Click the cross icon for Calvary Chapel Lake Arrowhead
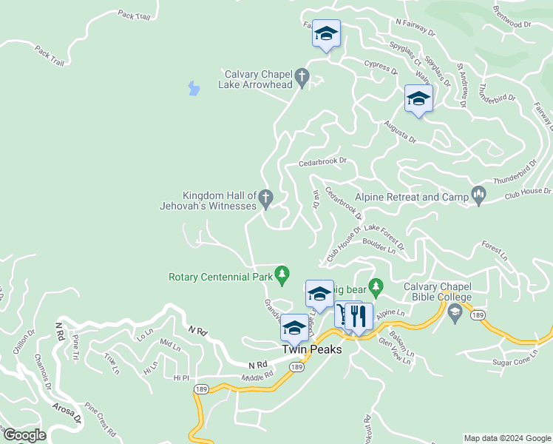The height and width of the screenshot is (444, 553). (x=302, y=75)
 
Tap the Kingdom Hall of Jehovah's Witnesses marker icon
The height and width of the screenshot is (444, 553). (x=266, y=198)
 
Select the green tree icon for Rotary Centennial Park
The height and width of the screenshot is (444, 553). (x=281, y=275)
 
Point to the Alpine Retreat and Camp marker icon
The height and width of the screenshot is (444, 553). (x=478, y=195)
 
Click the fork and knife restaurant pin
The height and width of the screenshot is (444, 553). (x=359, y=317)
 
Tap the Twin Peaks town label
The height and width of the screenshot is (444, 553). (x=311, y=349)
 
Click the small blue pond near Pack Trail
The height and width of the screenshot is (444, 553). (x=194, y=89)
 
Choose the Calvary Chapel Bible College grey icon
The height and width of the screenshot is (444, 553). (x=455, y=312)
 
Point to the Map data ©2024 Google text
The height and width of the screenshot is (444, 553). (x=506, y=438)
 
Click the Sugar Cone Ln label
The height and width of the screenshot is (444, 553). (x=517, y=362)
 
